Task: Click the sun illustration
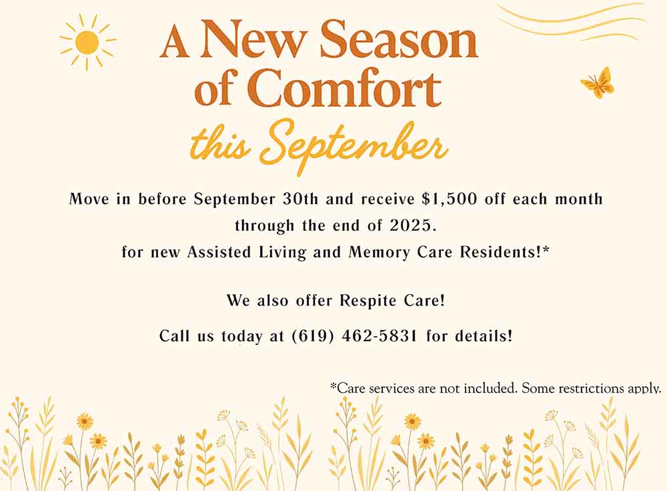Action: pos(87,42)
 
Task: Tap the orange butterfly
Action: pos(598,83)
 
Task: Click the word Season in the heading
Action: pos(399,40)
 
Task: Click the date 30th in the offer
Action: pos(300,199)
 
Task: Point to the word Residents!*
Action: pos(504,252)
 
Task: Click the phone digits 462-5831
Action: pos(380,336)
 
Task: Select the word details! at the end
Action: pos(484,336)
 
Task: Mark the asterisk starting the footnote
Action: pos(333,386)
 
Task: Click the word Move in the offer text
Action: pos(89,199)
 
